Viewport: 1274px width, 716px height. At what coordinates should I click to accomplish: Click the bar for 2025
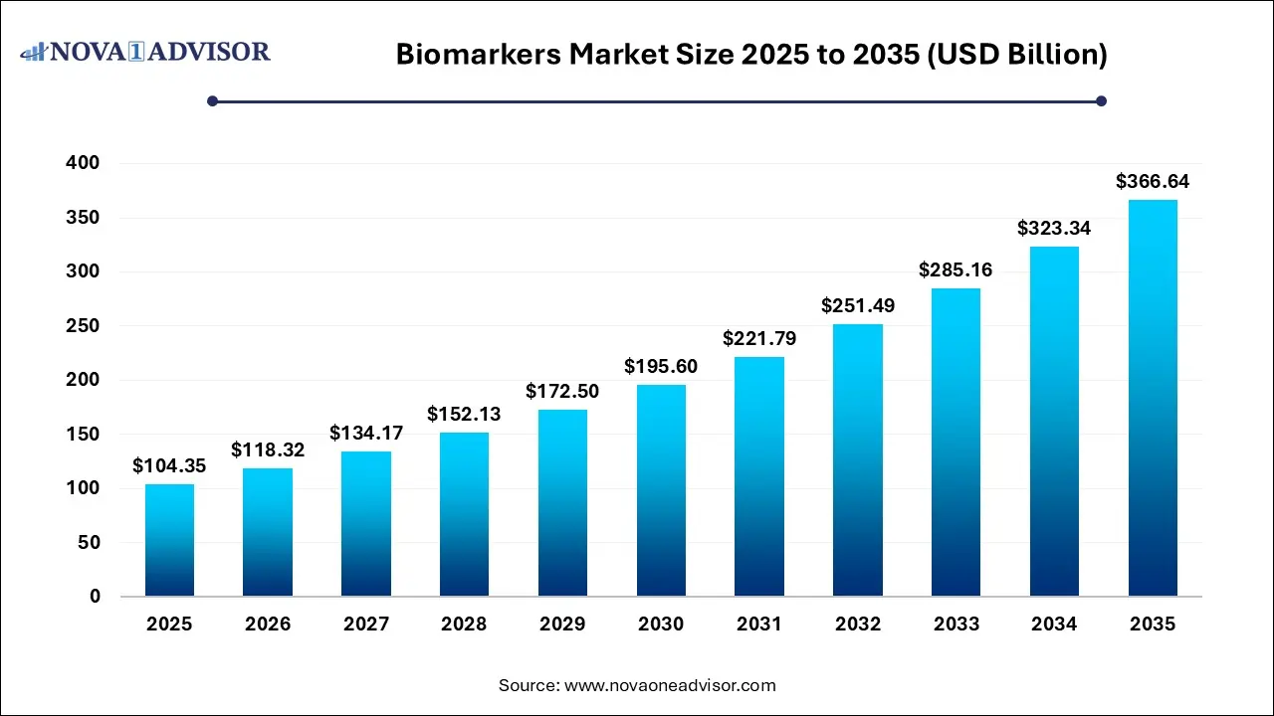pos(169,540)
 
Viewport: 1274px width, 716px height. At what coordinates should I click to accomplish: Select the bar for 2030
pos(661,490)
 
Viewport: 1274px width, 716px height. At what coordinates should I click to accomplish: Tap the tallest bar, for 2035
pos(1153,398)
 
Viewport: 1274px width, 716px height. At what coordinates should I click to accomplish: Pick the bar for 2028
pos(464,514)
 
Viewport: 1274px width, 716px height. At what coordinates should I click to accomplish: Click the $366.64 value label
pos(1153,182)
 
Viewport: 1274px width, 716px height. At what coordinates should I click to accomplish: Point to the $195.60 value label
pos(661,367)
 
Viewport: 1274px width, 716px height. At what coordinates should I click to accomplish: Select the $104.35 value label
pos(169,465)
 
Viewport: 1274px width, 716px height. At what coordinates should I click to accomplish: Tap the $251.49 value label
pos(858,306)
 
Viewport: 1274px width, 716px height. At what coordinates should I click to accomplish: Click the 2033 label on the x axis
pos(956,625)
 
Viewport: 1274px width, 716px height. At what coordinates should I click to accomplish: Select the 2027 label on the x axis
pos(366,625)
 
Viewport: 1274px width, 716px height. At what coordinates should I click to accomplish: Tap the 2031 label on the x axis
pos(759,625)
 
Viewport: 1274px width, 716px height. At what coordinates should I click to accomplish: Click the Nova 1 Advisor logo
pos(145,51)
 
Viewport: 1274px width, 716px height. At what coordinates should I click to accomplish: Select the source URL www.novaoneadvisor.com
pos(670,685)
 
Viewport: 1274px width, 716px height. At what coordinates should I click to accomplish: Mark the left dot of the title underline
pos(212,100)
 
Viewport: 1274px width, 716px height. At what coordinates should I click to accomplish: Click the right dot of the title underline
pos(1101,100)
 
